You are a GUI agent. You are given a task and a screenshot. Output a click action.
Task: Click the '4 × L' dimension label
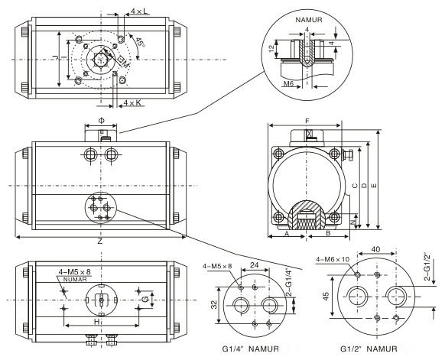click(139, 11)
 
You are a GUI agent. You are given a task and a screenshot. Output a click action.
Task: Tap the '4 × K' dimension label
click(132, 102)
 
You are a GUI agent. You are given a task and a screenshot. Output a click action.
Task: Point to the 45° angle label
click(140, 42)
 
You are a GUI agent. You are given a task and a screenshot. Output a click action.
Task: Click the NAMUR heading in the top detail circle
click(309, 20)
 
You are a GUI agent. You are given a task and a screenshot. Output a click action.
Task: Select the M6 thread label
click(288, 83)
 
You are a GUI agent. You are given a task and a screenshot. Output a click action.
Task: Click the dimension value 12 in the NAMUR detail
click(272, 48)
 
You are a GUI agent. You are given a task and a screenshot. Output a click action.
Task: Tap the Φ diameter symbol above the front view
click(102, 121)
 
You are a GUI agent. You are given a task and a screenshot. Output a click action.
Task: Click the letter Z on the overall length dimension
click(100, 242)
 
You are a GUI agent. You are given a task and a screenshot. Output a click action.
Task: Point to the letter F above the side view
click(307, 121)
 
